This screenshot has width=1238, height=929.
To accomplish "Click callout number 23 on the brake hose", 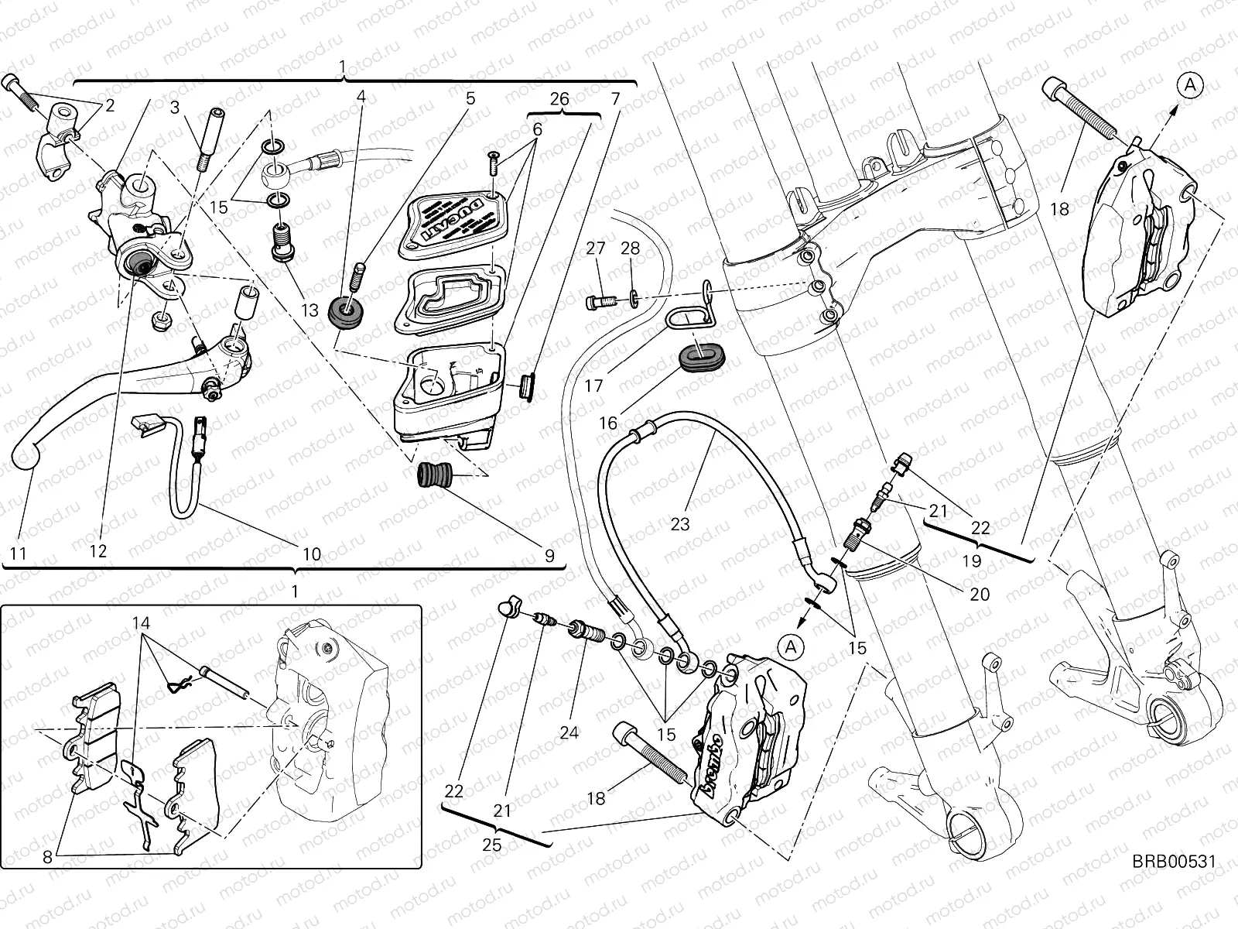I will (680, 524).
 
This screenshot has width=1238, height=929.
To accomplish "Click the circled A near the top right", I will (1192, 86).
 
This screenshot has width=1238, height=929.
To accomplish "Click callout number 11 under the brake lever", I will (18, 554).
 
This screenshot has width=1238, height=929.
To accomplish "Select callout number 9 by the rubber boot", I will (549, 555).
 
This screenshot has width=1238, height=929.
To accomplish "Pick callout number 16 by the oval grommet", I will (608, 423).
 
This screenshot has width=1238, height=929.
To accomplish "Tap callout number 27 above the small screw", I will (595, 248).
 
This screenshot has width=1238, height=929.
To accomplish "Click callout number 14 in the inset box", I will (140, 622).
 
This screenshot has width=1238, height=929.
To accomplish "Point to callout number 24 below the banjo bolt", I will (569, 732).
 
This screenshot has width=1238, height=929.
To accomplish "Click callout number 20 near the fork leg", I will (979, 595).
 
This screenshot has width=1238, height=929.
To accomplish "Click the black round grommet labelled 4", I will (347, 311).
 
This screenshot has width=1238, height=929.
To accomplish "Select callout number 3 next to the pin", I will (176, 108).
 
